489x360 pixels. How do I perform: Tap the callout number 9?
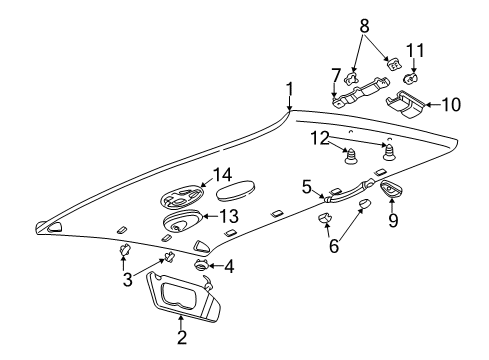click(x=392, y=219)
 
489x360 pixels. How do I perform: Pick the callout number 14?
click(x=221, y=176)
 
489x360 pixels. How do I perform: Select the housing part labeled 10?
click(x=406, y=103)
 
